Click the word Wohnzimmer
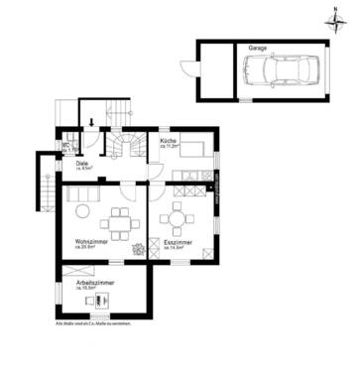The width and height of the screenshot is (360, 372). (91, 242)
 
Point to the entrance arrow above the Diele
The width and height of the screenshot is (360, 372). (91, 124)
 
